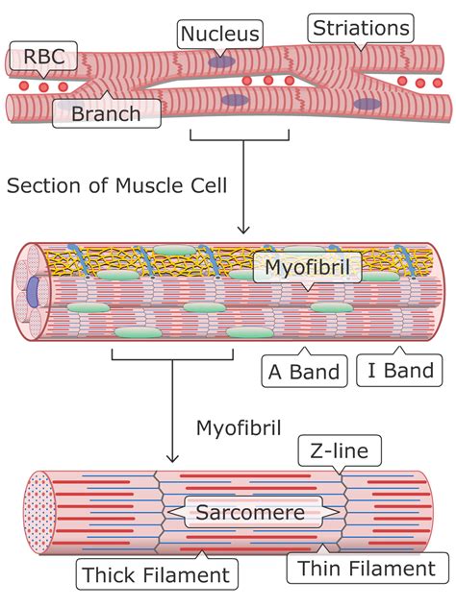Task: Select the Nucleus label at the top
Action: point(220,36)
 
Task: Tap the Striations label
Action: point(361,28)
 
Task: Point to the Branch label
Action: point(105,115)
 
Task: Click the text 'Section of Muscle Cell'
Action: point(117,185)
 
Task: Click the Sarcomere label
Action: point(250,512)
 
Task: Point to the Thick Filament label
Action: point(156,575)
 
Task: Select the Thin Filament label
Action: point(366,569)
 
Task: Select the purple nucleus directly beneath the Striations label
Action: point(366,104)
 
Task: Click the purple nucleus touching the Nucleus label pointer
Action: point(223,61)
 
